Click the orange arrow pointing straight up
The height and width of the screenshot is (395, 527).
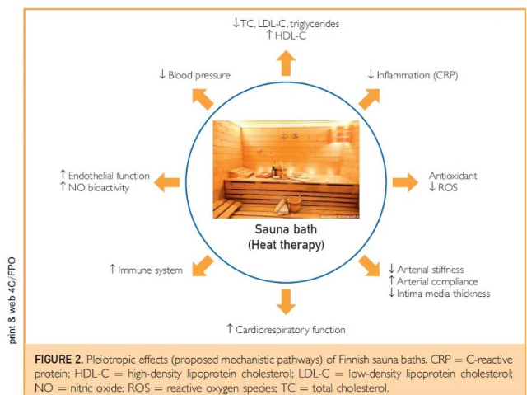pos(286,63)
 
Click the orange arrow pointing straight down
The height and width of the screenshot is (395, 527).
pos(286,301)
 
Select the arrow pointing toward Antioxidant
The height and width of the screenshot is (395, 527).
pos(403,181)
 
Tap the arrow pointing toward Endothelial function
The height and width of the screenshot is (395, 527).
pos(170,181)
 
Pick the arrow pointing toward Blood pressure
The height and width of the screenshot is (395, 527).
pos(202,98)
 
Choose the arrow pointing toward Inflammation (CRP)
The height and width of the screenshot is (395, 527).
pos(370,98)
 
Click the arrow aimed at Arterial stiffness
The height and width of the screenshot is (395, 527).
pos(370,266)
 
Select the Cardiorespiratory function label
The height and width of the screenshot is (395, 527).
pos(286,330)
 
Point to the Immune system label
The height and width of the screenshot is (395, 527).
pos(146,270)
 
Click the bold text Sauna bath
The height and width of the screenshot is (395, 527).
pos(285,231)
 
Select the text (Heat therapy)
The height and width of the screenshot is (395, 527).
pos(285,245)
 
